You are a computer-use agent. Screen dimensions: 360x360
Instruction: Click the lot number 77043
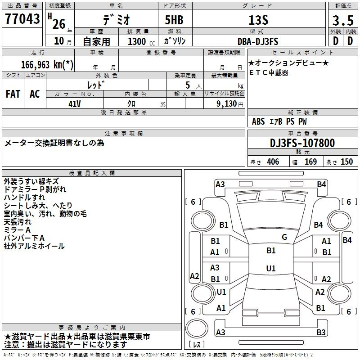(x=22, y=18)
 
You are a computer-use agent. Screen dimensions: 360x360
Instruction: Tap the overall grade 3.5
(x=343, y=20)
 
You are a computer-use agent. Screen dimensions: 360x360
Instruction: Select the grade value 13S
(x=258, y=20)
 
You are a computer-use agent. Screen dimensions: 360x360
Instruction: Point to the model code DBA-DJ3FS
(x=258, y=41)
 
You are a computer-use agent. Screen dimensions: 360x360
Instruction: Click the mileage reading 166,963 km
(x=47, y=64)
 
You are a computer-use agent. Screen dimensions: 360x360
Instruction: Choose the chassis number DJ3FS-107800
(x=302, y=143)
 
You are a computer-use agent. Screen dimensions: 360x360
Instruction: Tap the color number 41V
(x=74, y=104)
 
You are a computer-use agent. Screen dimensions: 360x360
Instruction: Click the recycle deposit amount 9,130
(x=227, y=104)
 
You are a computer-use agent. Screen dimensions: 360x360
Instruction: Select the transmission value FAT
(x=13, y=94)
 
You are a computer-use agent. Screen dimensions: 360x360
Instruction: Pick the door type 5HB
(x=174, y=20)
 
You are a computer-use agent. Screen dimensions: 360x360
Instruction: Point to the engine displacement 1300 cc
(x=141, y=41)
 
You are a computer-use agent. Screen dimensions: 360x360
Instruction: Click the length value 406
(x=273, y=162)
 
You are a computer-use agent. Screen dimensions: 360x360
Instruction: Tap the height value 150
(x=346, y=162)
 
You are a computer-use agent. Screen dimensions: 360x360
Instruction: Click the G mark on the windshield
(x=284, y=237)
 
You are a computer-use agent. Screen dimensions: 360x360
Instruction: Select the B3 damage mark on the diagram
(x=321, y=332)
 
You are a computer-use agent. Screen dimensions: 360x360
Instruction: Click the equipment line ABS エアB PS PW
(x=279, y=121)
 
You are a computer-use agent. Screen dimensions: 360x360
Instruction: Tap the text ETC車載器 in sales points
(x=269, y=72)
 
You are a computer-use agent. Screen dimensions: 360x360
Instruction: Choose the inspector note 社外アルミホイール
(x=34, y=246)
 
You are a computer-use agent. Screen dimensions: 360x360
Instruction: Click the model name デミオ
(x=117, y=19)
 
